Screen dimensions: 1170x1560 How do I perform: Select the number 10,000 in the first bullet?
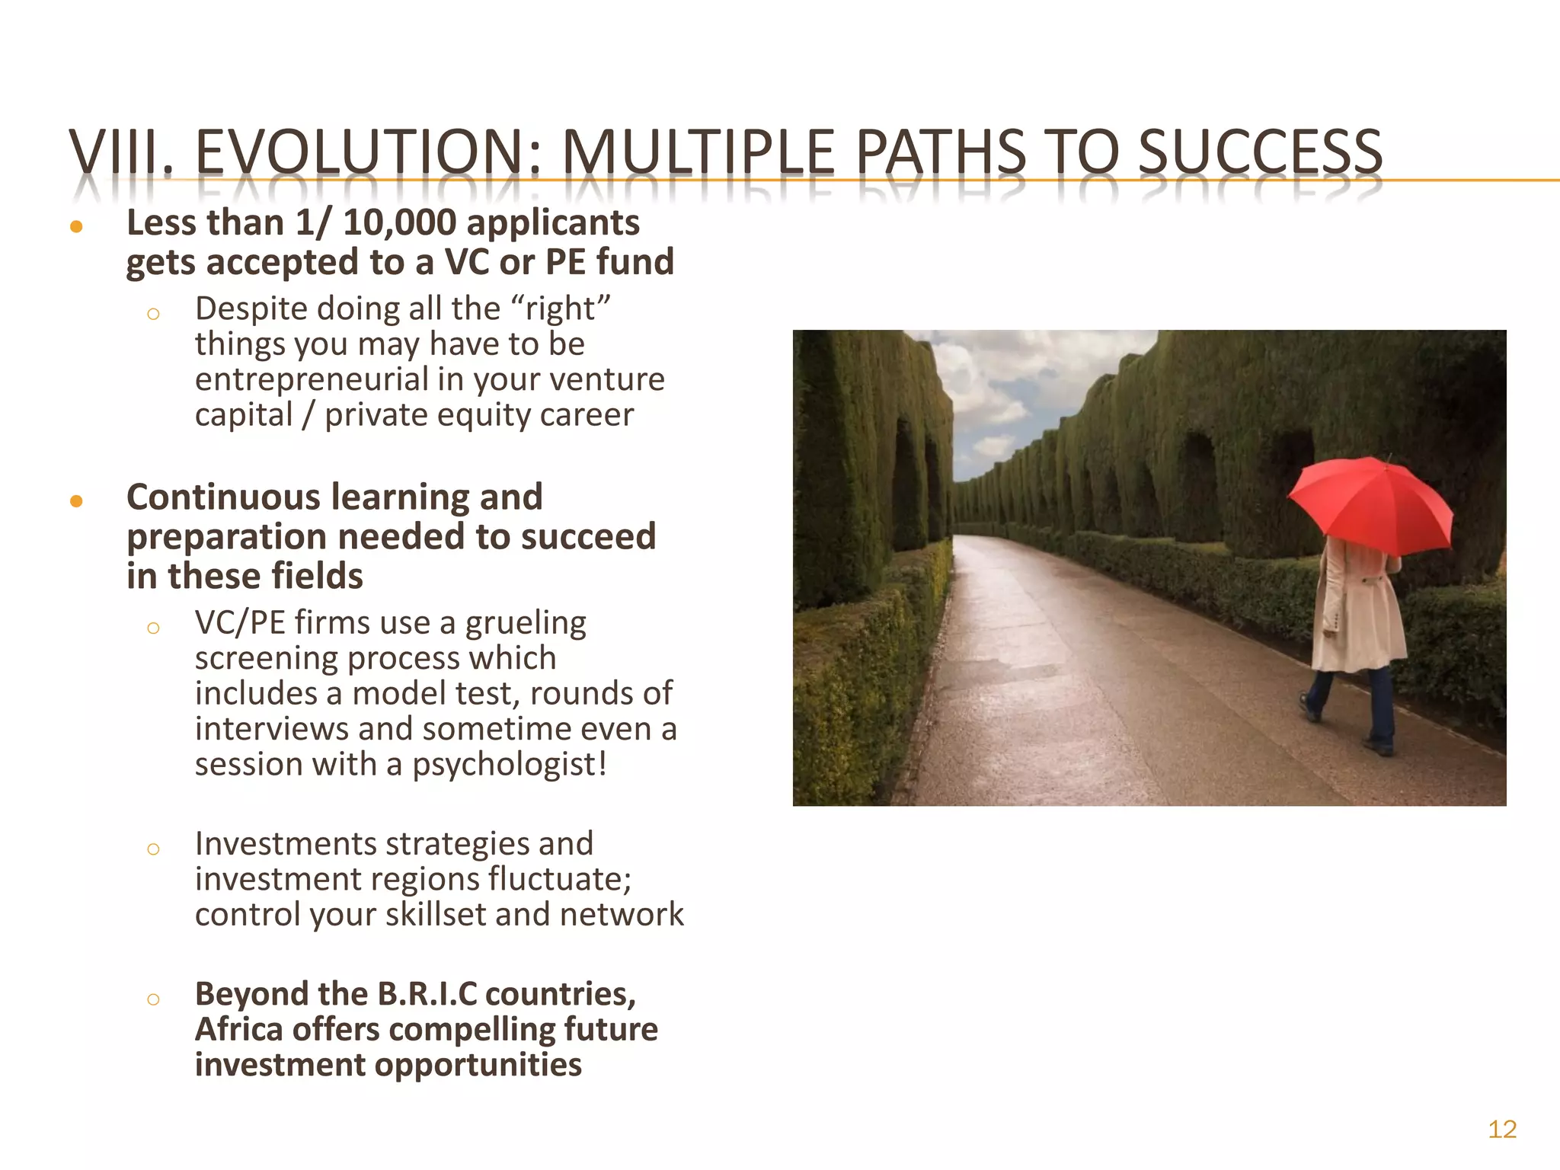(x=400, y=223)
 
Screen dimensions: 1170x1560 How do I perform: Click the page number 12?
(x=1502, y=1129)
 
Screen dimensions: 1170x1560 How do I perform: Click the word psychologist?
(x=510, y=764)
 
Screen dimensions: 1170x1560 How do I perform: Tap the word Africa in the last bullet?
(x=239, y=1029)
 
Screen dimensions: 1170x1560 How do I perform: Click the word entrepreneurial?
(x=312, y=379)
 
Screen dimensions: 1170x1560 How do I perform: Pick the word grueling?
(x=526, y=623)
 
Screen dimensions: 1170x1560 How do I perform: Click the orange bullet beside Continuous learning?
(x=76, y=500)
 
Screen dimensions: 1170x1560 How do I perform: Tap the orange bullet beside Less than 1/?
(x=76, y=226)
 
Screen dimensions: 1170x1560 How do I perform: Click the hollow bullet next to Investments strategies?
(x=153, y=849)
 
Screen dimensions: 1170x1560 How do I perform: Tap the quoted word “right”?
(x=562, y=308)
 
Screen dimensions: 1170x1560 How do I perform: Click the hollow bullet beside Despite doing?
(x=153, y=314)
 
